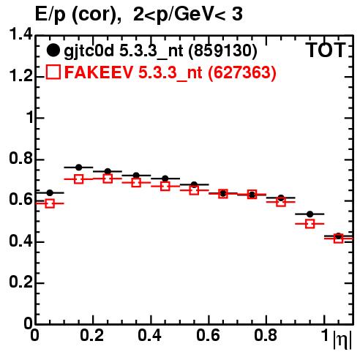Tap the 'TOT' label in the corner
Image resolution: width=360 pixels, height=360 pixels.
pyautogui.click(x=326, y=50)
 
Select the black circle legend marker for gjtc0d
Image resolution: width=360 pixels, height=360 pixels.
pyautogui.click(x=53, y=50)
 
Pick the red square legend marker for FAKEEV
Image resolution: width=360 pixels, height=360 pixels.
pyautogui.click(x=53, y=72)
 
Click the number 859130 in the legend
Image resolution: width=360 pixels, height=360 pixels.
pyautogui.click(x=223, y=51)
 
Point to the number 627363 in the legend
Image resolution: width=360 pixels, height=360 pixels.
pyautogui.click(x=242, y=72)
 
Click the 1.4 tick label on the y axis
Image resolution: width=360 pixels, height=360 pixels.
pyautogui.click(x=20, y=34)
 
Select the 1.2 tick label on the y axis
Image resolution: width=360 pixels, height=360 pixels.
pyautogui.click(x=20, y=76)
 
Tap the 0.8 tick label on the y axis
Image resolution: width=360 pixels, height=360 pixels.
pyautogui.click(x=20, y=159)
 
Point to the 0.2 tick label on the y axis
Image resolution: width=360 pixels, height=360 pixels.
pyautogui.click(x=20, y=282)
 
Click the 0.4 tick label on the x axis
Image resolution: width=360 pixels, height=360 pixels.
pyautogui.click(x=149, y=335)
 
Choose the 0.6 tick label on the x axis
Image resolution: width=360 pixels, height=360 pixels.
pyautogui.click(x=208, y=335)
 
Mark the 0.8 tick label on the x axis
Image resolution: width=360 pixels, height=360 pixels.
pyautogui.click(x=266, y=335)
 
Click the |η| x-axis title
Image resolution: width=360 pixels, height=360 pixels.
pyautogui.click(x=342, y=340)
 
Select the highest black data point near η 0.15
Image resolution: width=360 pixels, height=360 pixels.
pyautogui.click(x=79, y=168)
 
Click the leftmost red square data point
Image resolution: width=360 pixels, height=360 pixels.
pyautogui.click(x=50, y=203)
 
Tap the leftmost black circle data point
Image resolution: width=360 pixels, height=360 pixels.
pyautogui.click(x=50, y=193)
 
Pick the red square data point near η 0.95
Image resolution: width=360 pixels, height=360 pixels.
pyautogui.click(x=310, y=224)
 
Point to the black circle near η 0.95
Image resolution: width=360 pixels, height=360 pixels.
pyautogui.click(x=310, y=214)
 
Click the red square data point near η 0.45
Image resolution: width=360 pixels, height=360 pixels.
pyautogui.click(x=165, y=187)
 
